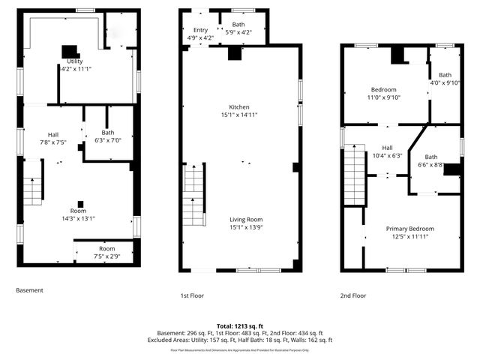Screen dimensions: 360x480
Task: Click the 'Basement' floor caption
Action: tap(29, 290)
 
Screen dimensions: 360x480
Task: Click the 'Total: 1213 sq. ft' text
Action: tap(239, 326)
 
